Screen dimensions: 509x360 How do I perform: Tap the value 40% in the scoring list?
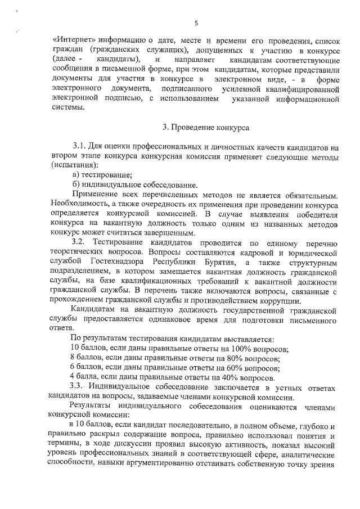click(x=228, y=377)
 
